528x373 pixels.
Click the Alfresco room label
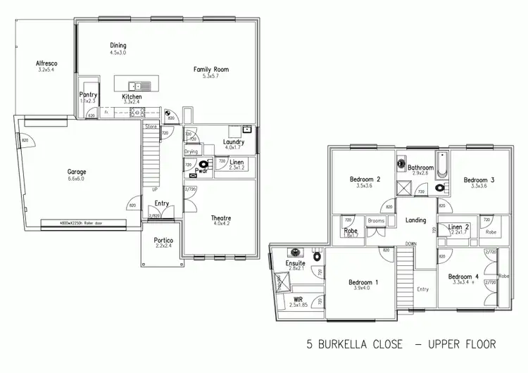coord(46,64)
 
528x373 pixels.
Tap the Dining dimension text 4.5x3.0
coord(118,53)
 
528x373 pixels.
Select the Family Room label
coord(211,70)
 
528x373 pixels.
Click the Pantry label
coord(88,94)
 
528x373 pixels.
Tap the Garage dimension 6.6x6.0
coord(76,179)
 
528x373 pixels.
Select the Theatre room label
coord(221,218)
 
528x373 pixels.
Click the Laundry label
coord(233,141)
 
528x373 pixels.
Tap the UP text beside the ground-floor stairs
coord(155,191)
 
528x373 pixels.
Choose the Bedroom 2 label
coord(365,179)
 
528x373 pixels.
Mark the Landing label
coord(416,220)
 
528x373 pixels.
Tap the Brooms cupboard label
coord(376,221)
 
